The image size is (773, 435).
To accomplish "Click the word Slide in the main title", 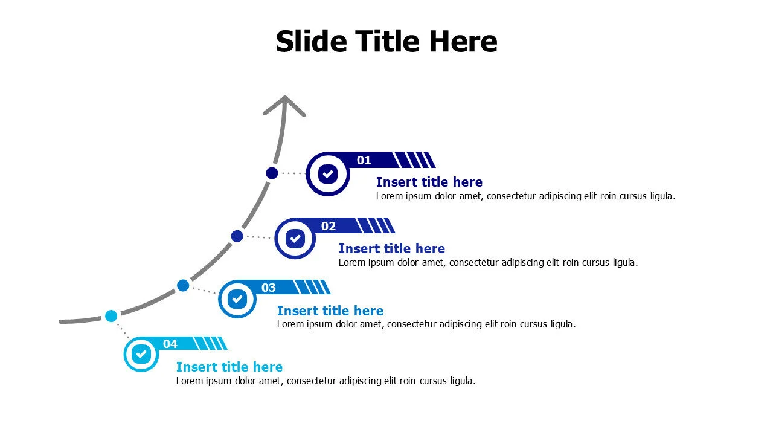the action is pos(311,41).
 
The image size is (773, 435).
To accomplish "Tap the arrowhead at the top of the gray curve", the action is pos(284,105).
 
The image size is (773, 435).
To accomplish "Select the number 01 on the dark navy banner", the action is pos(364,160).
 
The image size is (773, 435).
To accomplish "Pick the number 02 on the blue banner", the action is pos(328,226).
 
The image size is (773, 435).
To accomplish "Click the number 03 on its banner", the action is pos(269,288).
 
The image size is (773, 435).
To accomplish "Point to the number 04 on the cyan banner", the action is pos(170,344).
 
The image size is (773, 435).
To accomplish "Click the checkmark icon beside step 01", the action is pos(328,174).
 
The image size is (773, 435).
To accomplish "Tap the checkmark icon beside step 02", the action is pos(295,239).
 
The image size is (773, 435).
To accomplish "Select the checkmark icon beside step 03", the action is pos(237,299).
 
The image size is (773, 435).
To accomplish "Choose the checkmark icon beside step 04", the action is pos(141,354).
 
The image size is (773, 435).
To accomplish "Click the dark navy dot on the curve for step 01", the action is pos(272,173).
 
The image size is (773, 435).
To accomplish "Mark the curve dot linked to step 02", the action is pos(237,236).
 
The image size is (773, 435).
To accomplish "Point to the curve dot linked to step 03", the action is pos(183,286).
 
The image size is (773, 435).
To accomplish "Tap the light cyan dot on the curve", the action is pos(111,316).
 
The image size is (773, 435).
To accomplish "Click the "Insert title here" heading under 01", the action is pos(429,182).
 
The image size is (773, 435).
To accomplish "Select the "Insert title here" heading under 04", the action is pos(229,367).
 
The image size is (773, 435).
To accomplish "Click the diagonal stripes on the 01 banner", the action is pos(414,160).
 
